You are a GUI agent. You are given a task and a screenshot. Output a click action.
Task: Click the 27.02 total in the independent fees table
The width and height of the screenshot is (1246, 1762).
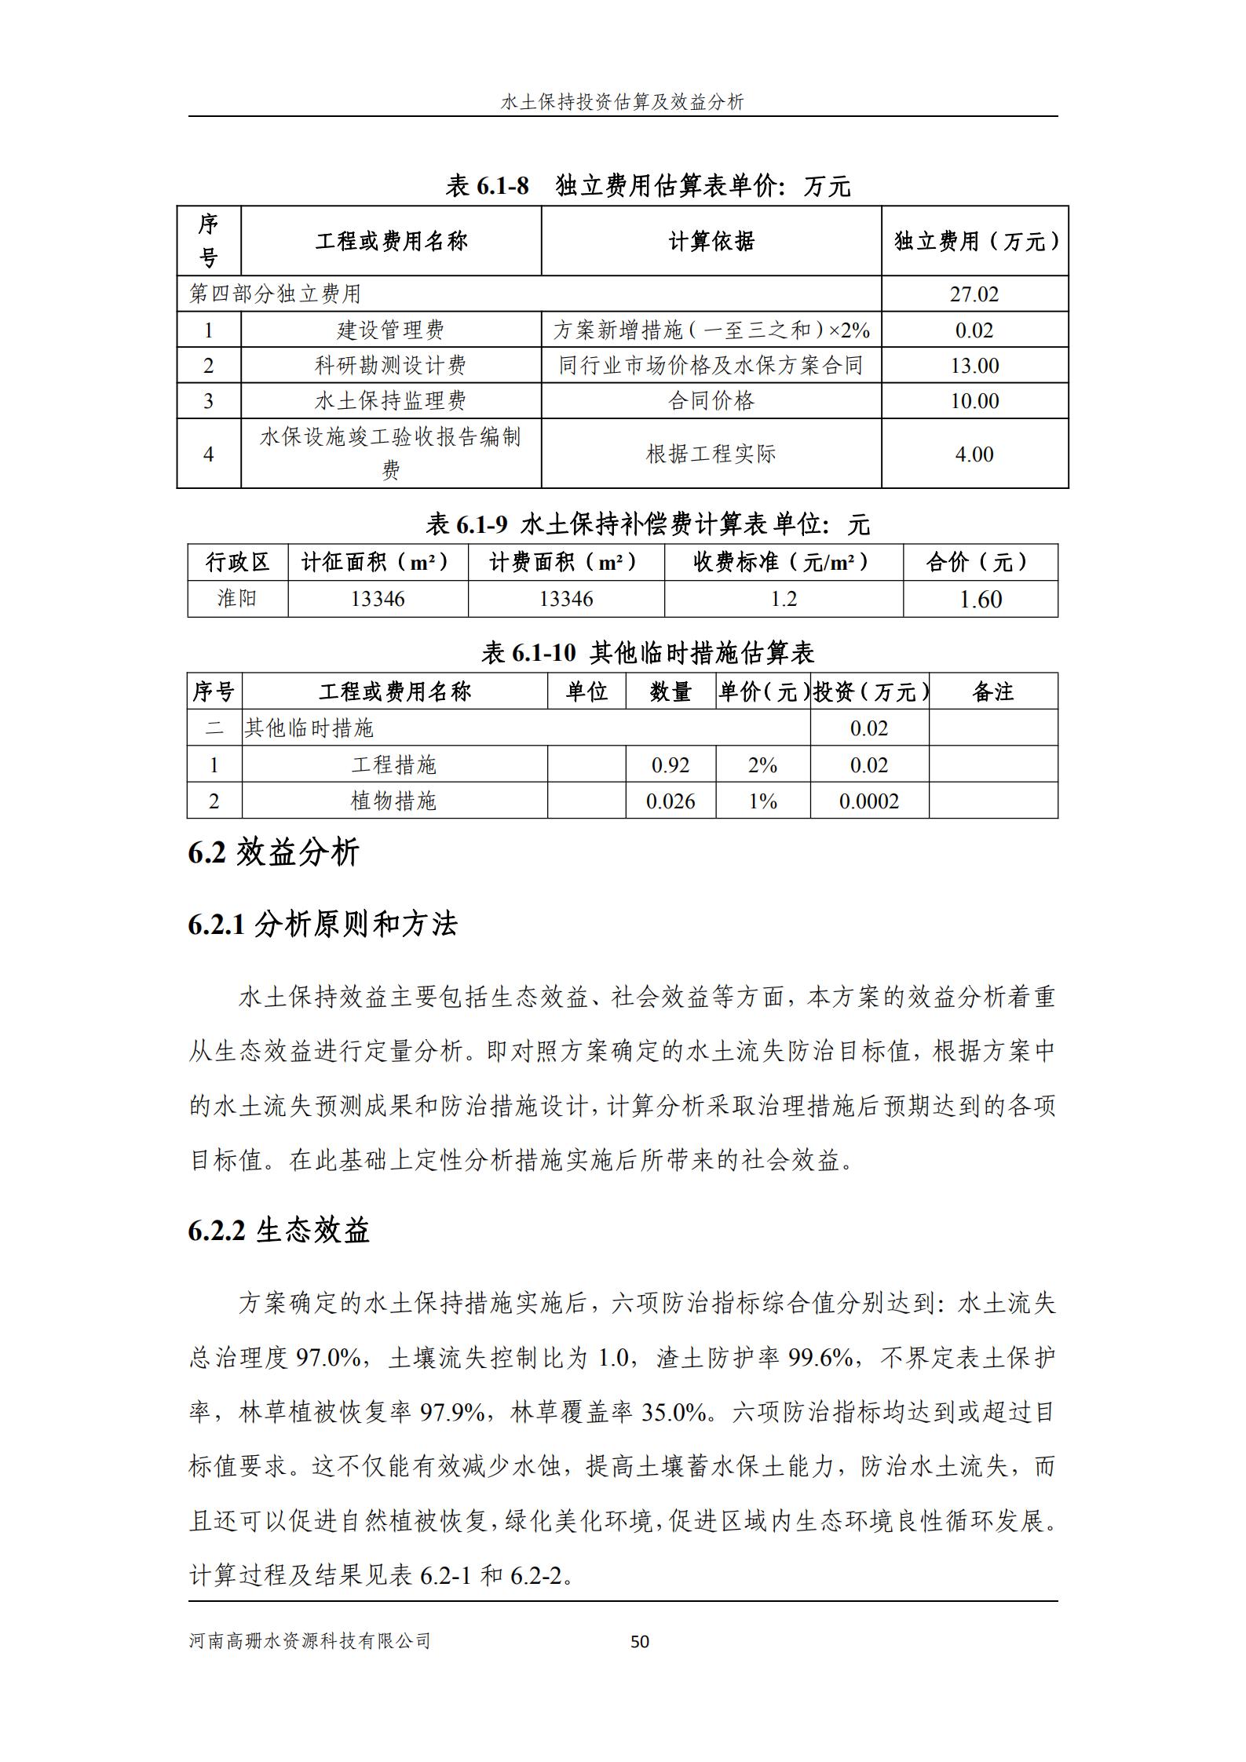click(974, 294)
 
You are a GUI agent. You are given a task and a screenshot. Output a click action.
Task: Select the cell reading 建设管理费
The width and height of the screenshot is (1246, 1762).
click(390, 330)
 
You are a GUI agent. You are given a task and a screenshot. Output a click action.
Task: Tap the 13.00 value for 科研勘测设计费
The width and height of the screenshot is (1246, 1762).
click(974, 366)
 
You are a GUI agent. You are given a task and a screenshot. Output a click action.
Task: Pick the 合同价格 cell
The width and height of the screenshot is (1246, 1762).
click(711, 401)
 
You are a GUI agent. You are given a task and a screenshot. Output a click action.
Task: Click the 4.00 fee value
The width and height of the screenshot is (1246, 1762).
click(974, 454)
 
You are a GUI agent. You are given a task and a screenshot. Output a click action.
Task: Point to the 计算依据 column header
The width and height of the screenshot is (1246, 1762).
click(711, 242)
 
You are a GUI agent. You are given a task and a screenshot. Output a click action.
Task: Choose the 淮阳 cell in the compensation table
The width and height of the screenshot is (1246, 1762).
click(237, 599)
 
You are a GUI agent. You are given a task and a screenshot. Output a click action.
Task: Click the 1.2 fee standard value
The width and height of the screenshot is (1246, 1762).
click(783, 599)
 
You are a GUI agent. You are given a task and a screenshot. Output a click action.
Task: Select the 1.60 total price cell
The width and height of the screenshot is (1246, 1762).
click(980, 600)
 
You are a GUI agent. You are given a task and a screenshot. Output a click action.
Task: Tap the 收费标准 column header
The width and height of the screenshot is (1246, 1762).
click(783, 562)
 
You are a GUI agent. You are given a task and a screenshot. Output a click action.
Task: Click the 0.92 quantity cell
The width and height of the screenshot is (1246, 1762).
click(671, 765)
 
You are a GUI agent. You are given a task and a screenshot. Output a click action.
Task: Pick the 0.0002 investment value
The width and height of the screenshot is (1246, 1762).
click(869, 801)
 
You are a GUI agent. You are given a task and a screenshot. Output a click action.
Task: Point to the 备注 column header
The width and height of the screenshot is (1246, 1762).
click(992, 691)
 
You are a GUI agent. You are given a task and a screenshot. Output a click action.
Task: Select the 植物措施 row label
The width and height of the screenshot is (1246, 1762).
click(393, 801)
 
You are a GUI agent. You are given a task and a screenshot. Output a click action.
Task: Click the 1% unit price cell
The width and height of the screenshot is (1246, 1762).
click(762, 801)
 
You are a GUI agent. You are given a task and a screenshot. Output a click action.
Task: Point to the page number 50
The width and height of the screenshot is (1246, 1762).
click(640, 1641)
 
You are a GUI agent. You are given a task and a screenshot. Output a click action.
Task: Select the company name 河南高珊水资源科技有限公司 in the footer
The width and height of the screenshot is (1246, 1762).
click(310, 1641)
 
